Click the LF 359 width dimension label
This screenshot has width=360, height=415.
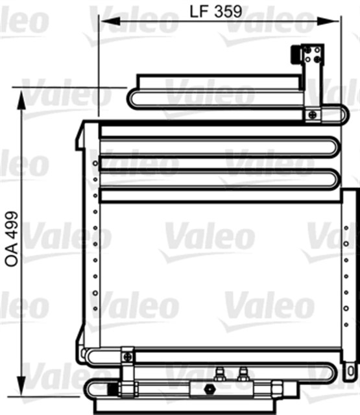point(216,12)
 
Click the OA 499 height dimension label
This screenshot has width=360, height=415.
point(12,239)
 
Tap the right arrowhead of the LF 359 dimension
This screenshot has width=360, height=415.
point(328,21)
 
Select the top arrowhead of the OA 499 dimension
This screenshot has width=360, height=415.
point(21,100)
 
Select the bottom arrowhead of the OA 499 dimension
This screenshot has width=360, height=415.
point(21,386)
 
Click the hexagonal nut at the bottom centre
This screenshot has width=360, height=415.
point(210,389)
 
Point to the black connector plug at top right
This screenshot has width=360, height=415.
point(295,54)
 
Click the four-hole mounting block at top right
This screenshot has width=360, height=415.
point(313,54)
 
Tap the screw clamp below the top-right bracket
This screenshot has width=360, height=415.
point(313,115)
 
